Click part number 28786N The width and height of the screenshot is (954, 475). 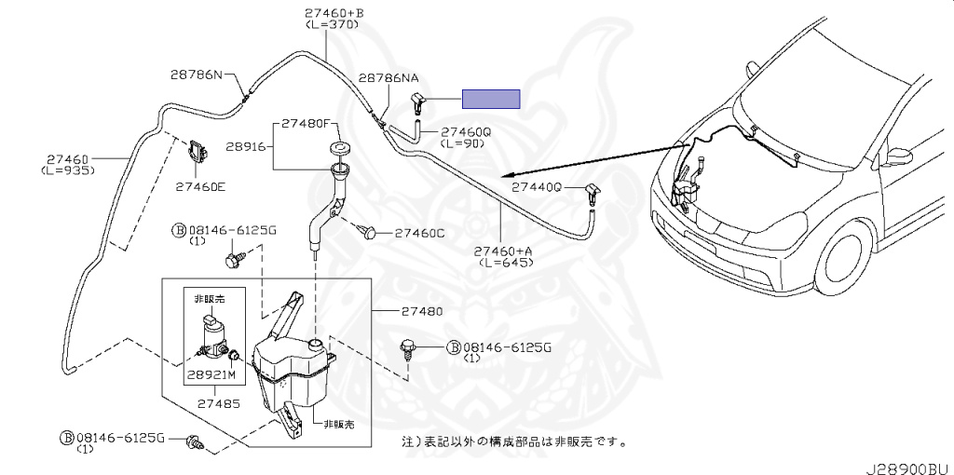(196, 75)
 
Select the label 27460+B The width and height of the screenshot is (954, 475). (334, 13)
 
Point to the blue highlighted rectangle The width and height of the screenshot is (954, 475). (491, 99)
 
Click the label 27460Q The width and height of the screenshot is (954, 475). (465, 132)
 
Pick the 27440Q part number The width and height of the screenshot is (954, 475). (538, 186)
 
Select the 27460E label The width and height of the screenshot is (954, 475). (199, 185)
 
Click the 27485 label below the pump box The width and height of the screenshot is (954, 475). (217, 404)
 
